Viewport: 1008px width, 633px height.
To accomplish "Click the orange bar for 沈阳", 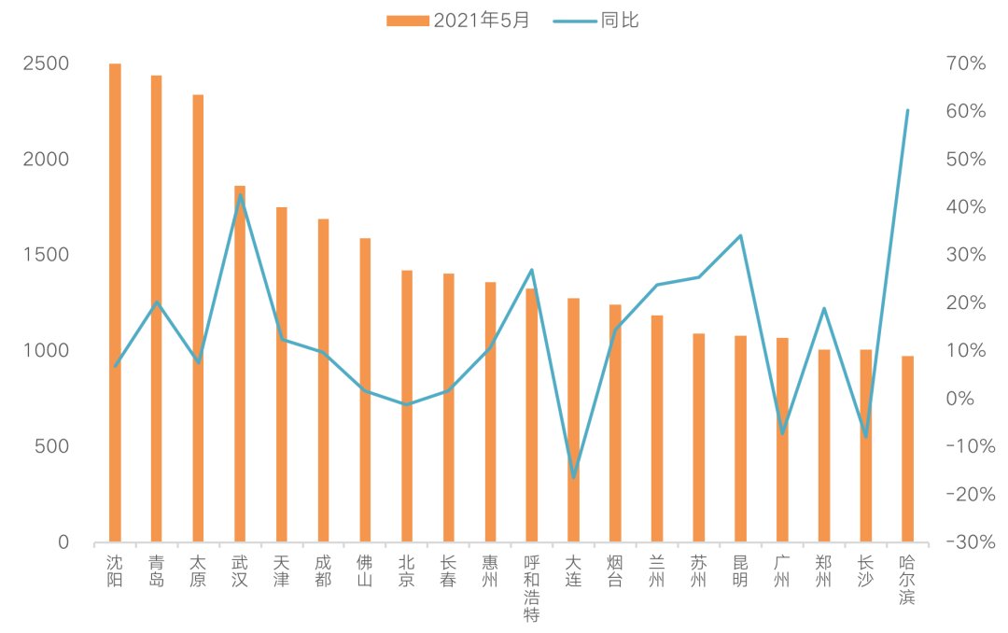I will point(115,303).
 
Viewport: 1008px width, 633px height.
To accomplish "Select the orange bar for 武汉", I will point(240,364).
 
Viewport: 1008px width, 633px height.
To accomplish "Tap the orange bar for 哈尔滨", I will point(907,449).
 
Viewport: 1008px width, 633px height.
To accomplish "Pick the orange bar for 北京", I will point(407,406).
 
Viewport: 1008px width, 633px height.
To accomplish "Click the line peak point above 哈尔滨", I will point(907,110).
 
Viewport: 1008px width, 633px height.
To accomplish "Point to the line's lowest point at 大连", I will point(573,477).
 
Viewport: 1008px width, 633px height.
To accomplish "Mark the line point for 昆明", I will point(740,235).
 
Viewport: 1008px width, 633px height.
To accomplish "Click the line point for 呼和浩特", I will point(532,270).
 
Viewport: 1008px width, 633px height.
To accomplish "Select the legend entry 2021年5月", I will point(457,20).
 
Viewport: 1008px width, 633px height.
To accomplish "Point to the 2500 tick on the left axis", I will point(47,63).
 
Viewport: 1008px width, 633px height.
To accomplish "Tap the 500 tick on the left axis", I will point(51,446).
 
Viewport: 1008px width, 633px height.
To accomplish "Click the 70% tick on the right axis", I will point(966,63).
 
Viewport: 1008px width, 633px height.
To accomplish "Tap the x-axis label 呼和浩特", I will point(532,589).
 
